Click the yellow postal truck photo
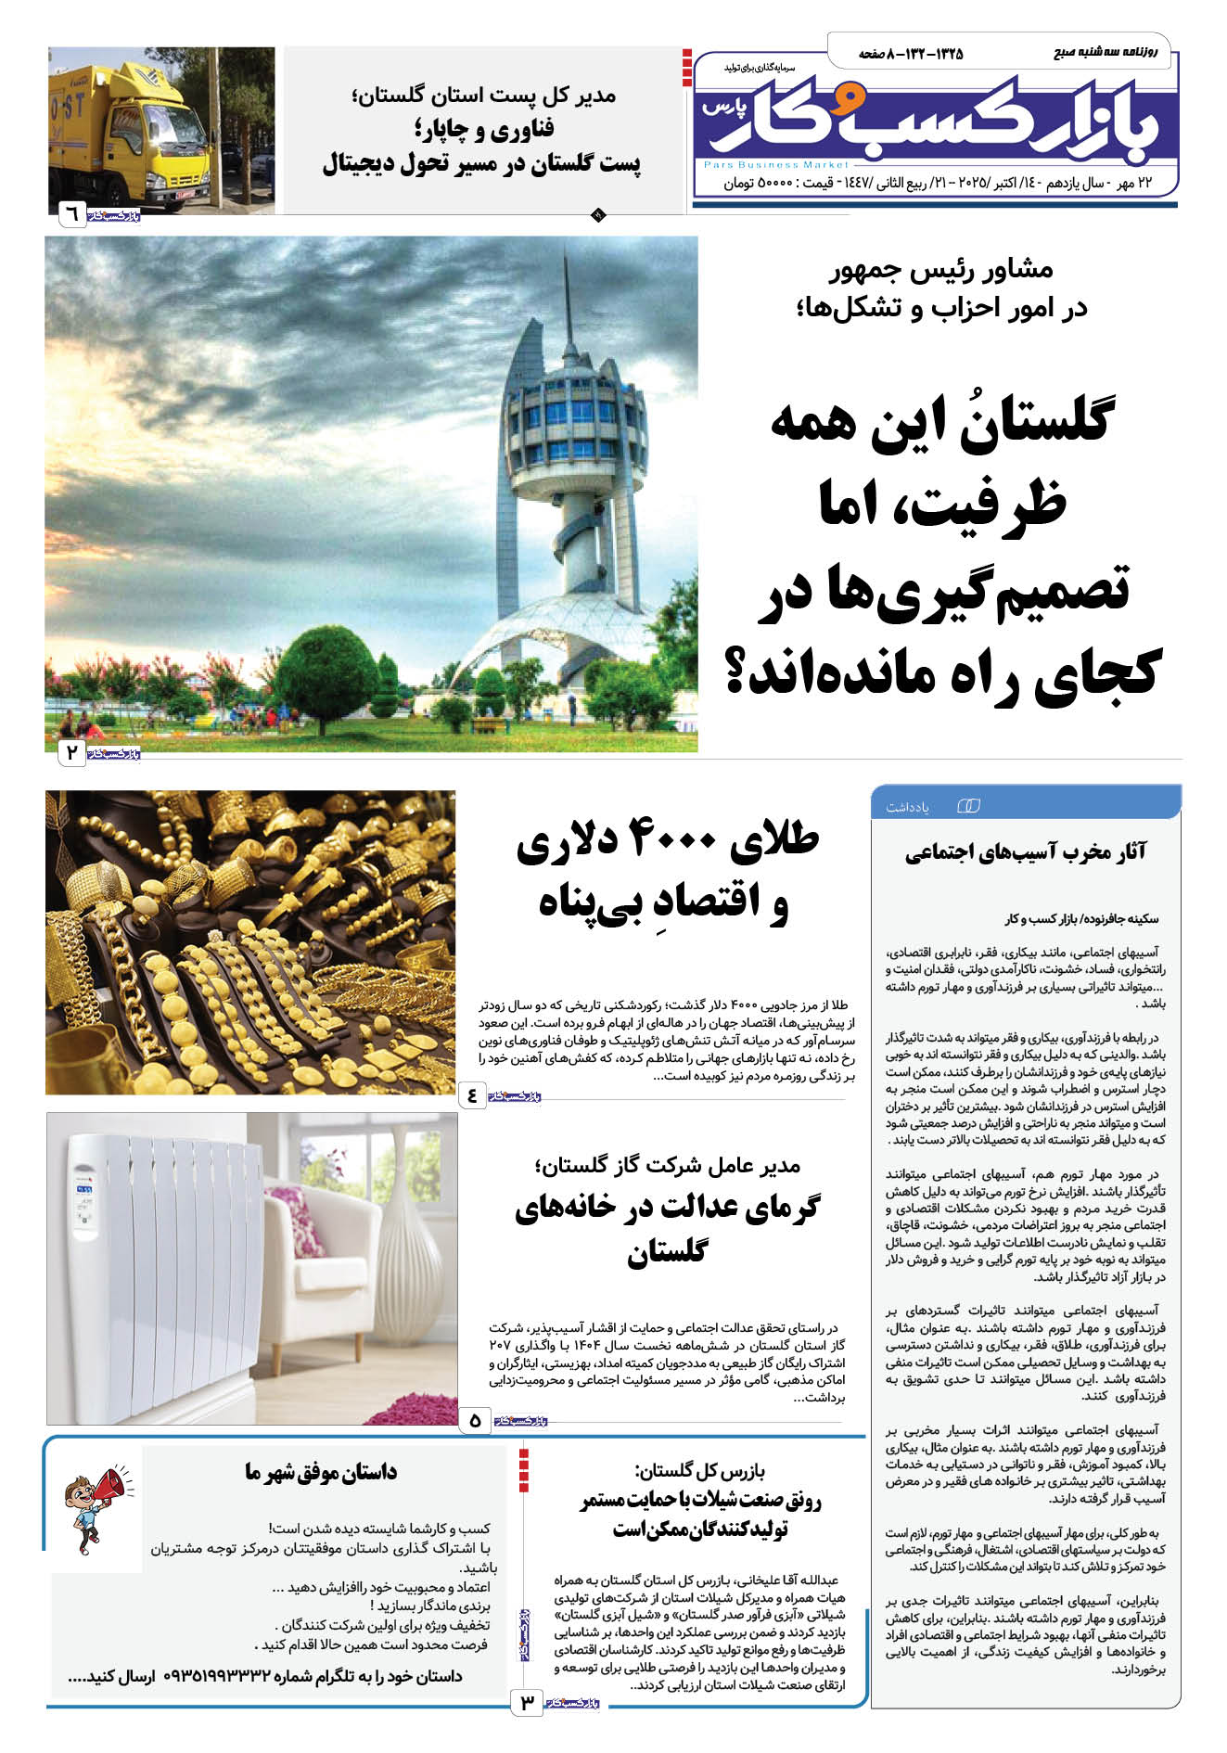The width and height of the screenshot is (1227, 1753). coord(162,130)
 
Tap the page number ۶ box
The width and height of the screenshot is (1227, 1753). coord(71,215)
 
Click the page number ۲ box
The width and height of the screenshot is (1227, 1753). coord(71,752)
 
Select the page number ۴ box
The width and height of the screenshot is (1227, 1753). coord(472,1095)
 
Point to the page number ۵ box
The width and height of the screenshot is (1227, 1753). coord(475,1419)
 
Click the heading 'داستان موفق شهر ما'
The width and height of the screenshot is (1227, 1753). coord(321,1472)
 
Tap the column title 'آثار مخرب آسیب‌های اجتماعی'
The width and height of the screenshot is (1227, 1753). coord(1026,853)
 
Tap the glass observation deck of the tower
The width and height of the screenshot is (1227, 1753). coord(572,418)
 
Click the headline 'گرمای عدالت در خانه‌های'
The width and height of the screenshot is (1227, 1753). coord(668,1208)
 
